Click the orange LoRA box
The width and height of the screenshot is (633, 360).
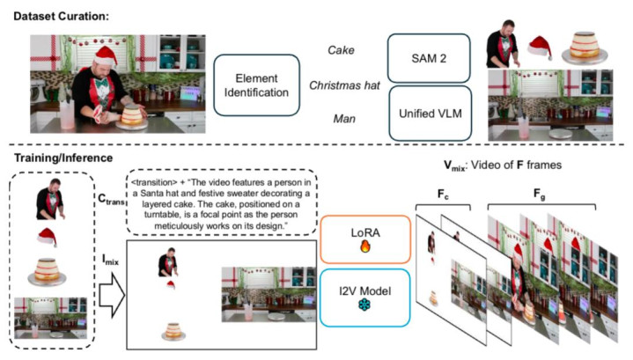coord(364,235)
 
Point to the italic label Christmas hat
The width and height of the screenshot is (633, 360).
coord(344,84)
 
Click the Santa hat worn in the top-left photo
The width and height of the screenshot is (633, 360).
coord(107,55)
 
